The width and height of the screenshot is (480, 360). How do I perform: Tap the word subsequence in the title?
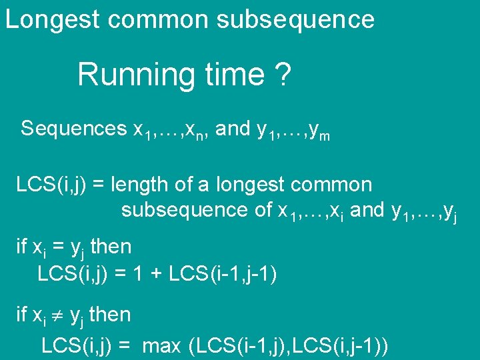295,19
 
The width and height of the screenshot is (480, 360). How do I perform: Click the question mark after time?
283,74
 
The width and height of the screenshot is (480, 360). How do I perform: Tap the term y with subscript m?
320,131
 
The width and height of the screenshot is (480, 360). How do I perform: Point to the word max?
162,346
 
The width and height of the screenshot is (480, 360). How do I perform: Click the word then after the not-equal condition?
111,313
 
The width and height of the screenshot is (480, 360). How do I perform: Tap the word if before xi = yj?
21,247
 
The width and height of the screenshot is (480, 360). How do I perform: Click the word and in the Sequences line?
233,128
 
